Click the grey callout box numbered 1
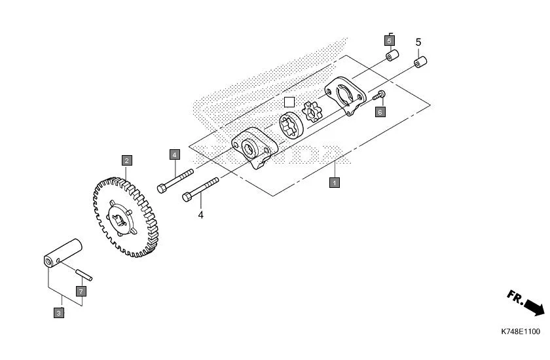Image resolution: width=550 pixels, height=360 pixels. pos(334,183)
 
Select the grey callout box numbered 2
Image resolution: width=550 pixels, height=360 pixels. pos(126,159)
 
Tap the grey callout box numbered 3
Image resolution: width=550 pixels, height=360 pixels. pos(59,314)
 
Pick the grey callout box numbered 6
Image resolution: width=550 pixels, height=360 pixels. pos(380,112)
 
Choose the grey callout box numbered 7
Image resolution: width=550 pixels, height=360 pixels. pos(81,290)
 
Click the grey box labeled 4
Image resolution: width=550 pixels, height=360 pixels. pos(174,155)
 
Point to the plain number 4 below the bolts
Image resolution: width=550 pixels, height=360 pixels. pos(201,214)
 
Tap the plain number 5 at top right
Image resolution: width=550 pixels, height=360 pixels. pos(418,43)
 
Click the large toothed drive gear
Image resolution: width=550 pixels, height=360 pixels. pos(124,215)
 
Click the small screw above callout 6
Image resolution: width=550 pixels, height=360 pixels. pos(379,97)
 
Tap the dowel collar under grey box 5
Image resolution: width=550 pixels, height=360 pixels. pos(390,57)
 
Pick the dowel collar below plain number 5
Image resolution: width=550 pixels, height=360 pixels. pos(419,63)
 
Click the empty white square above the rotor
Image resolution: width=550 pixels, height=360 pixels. pos(289,102)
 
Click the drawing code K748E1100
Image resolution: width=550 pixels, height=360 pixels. pos(521,332)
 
